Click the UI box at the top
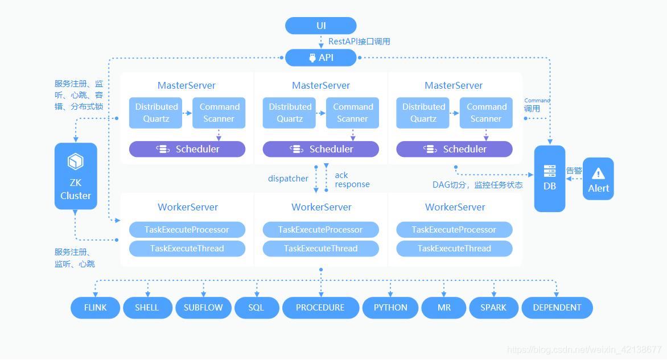(x=321, y=26)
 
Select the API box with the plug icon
(x=321, y=57)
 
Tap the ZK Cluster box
(x=76, y=176)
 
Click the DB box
(x=550, y=179)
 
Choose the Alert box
(x=598, y=179)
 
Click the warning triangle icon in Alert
(x=598, y=173)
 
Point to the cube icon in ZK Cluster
(x=76, y=162)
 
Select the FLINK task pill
(x=95, y=308)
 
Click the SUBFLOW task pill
(x=203, y=308)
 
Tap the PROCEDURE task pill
(x=321, y=308)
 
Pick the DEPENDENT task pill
(x=557, y=308)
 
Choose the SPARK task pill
(x=493, y=308)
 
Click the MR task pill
(x=444, y=308)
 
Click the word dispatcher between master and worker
(x=288, y=179)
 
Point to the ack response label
(x=352, y=180)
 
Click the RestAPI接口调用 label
(x=359, y=42)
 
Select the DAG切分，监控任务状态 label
(x=477, y=185)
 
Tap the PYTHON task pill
(x=390, y=308)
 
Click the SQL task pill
(x=257, y=308)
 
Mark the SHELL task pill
(x=147, y=308)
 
